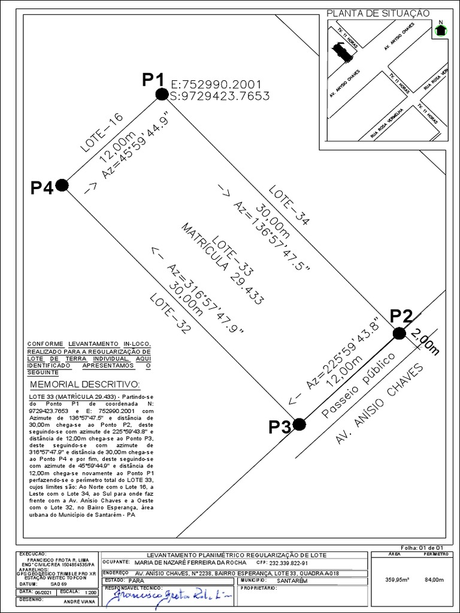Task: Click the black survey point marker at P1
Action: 161,94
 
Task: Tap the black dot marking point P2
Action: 400,333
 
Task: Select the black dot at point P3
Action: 299,424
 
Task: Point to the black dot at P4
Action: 62,185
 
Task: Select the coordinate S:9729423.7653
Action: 220,96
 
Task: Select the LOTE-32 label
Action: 171,312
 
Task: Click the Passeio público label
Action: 359,386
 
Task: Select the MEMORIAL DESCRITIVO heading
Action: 84,384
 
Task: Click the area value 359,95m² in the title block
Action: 396,579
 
